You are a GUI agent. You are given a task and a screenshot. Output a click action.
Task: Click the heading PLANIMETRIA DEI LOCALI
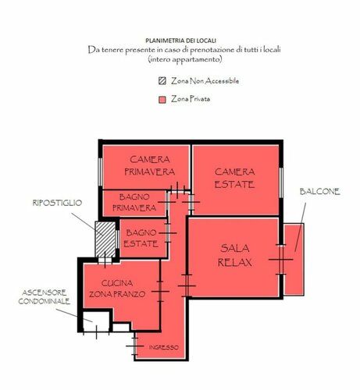pyautogui.click(x=180, y=39)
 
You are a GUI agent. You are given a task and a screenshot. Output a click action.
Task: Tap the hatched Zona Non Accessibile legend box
pyautogui.click(x=162, y=81)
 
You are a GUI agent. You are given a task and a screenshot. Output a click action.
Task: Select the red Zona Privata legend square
pyautogui.click(x=162, y=100)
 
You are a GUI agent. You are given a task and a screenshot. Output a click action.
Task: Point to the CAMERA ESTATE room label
pyautogui.click(x=235, y=177)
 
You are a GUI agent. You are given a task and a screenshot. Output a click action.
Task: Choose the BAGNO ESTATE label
pyautogui.click(x=141, y=238)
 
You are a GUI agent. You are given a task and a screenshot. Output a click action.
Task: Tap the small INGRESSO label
pyautogui.click(x=162, y=347)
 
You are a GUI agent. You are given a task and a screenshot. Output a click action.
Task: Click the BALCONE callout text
pyautogui.click(x=320, y=192)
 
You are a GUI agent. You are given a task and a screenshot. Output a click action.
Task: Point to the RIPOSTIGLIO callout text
pyautogui.click(x=56, y=203)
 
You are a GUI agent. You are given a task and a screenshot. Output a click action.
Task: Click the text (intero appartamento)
pyautogui.click(x=180, y=59)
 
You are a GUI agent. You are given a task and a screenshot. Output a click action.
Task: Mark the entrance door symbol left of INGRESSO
pyautogui.click(x=137, y=344)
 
